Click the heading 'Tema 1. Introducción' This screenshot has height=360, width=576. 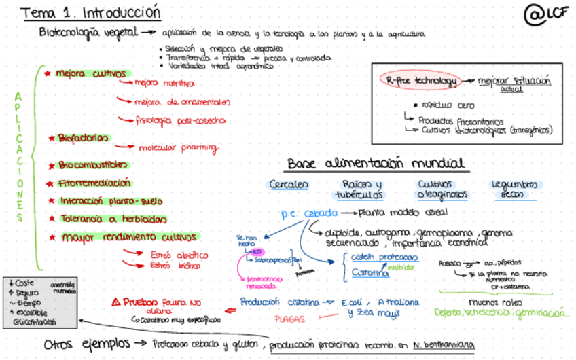[90, 13]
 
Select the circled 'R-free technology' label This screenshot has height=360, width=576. [418, 81]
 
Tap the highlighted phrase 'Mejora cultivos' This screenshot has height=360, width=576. [90, 73]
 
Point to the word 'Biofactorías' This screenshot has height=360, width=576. [83, 138]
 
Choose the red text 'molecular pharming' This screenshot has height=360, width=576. [178, 147]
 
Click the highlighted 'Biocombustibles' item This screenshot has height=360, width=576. [92, 165]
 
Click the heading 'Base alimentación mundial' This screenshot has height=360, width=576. [376, 164]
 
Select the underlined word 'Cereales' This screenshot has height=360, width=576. [289, 185]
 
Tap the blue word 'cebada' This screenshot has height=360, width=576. [321, 213]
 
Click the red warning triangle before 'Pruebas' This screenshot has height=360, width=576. [116, 302]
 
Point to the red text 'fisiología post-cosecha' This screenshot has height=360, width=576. [180, 120]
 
